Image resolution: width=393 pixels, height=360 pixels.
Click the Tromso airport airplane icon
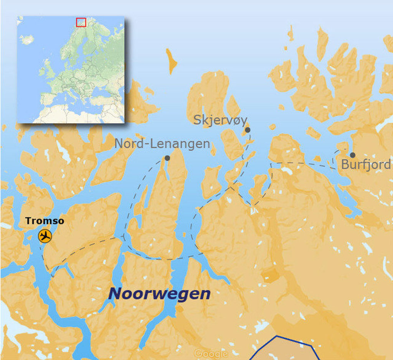45,236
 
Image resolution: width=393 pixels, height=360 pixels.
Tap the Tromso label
45,221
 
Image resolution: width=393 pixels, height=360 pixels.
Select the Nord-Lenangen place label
162,144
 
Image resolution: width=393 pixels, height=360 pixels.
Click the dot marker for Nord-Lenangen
167,158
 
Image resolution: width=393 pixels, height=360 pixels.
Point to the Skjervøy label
220,120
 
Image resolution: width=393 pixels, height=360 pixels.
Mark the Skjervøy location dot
248,130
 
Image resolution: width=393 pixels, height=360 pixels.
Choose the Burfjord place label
366,165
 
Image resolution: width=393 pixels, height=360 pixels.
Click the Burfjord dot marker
352,155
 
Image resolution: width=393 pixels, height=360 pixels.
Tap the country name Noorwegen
159,294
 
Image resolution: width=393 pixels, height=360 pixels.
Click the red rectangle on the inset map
81,22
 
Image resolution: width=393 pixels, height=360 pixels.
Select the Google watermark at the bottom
211,353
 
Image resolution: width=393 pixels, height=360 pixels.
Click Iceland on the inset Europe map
27,39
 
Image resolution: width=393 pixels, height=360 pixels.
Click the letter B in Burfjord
345,165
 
